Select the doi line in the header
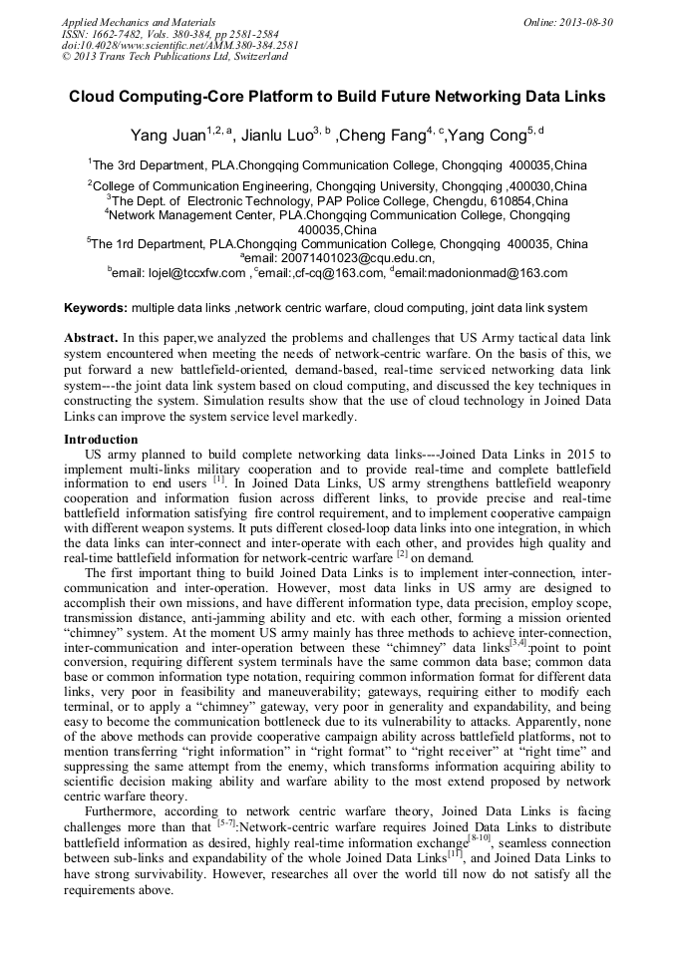coord(179,45)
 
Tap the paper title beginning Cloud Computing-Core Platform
coord(337,98)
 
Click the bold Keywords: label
coord(96,308)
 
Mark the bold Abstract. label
coord(92,339)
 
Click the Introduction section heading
coord(101,440)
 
